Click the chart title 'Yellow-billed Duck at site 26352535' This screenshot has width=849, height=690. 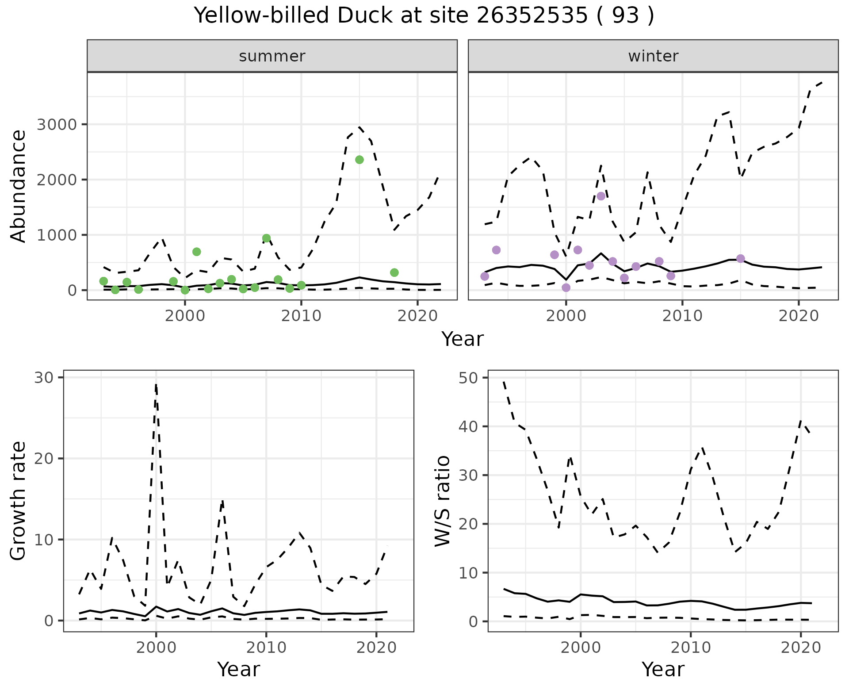(424, 16)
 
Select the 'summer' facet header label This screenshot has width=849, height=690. (272, 56)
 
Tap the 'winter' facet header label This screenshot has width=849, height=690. (653, 56)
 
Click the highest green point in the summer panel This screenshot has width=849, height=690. (359, 160)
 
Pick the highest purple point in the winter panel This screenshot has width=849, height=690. (601, 196)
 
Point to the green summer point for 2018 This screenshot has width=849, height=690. (394, 272)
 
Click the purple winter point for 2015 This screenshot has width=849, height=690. (741, 258)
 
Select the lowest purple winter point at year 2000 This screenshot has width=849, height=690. (566, 288)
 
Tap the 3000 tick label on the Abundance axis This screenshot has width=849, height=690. (57, 124)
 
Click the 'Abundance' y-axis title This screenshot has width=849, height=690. (19, 186)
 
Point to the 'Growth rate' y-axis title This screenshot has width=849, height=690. (19, 501)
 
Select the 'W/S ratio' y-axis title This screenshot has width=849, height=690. (443, 501)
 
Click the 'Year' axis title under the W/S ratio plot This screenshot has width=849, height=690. (663, 669)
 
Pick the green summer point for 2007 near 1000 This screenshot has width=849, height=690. (266, 238)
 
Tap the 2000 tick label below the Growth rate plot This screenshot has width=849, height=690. (156, 648)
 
